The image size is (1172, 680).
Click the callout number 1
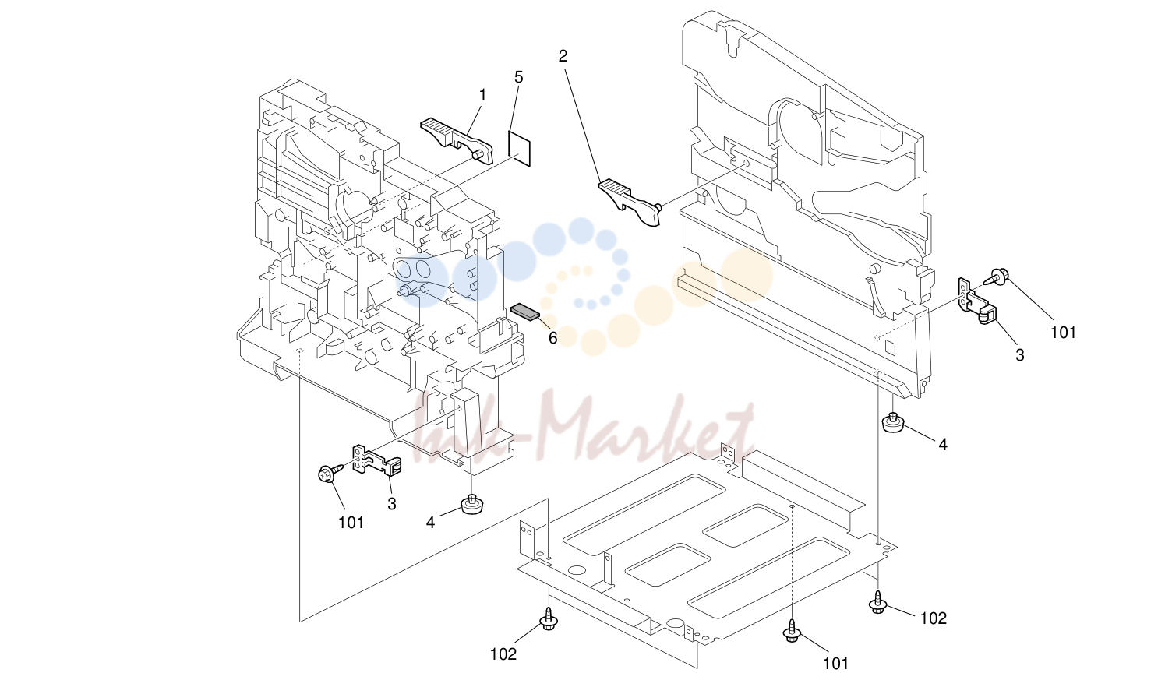click(482, 95)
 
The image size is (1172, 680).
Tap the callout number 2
click(563, 56)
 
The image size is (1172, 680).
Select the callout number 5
click(518, 77)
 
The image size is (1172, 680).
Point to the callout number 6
click(553, 338)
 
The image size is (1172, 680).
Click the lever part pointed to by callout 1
click(457, 139)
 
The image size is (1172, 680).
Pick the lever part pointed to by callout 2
click(630, 202)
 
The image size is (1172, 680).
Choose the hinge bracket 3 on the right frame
click(976, 301)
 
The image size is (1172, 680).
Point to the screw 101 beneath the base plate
click(793, 630)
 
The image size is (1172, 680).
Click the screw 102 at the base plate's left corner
click(549, 618)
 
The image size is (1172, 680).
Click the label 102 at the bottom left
click(503, 654)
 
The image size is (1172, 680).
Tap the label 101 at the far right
click(1063, 333)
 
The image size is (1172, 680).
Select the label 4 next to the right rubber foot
click(943, 445)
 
